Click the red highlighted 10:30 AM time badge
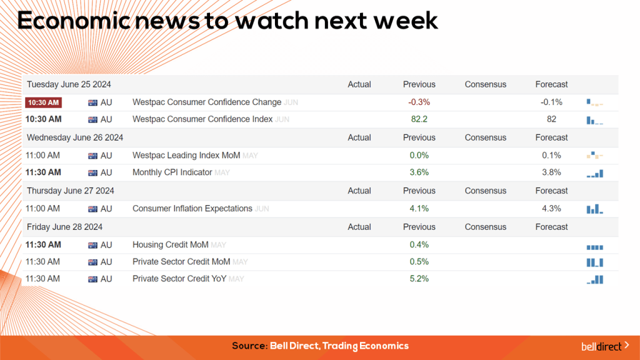pyautogui.click(x=43, y=102)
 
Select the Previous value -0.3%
pyautogui.click(x=419, y=102)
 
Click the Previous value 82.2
pyautogui.click(x=419, y=119)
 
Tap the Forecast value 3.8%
pyautogui.click(x=551, y=172)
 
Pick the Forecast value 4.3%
pyautogui.click(x=551, y=209)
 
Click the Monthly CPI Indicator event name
pyautogui.click(x=172, y=172)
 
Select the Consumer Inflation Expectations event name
pyautogui.click(x=192, y=209)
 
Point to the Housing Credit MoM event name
pyautogui.click(x=170, y=245)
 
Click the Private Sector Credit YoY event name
pyautogui.click(x=179, y=279)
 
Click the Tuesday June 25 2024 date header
pyautogui.click(x=69, y=84)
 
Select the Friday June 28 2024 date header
pyautogui.click(x=64, y=227)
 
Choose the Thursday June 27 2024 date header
pyautogui.click(x=70, y=191)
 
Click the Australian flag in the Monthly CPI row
pyautogui.click(x=93, y=173)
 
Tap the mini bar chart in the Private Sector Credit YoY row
pyautogui.click(x=595, y=279)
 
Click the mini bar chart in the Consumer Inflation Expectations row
pyautogui.click(x=594, y=209)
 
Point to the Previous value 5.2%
pyautogui.click(x=419, y=279)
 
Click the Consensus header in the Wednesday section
pyautogui.click(x=485, y=137)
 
